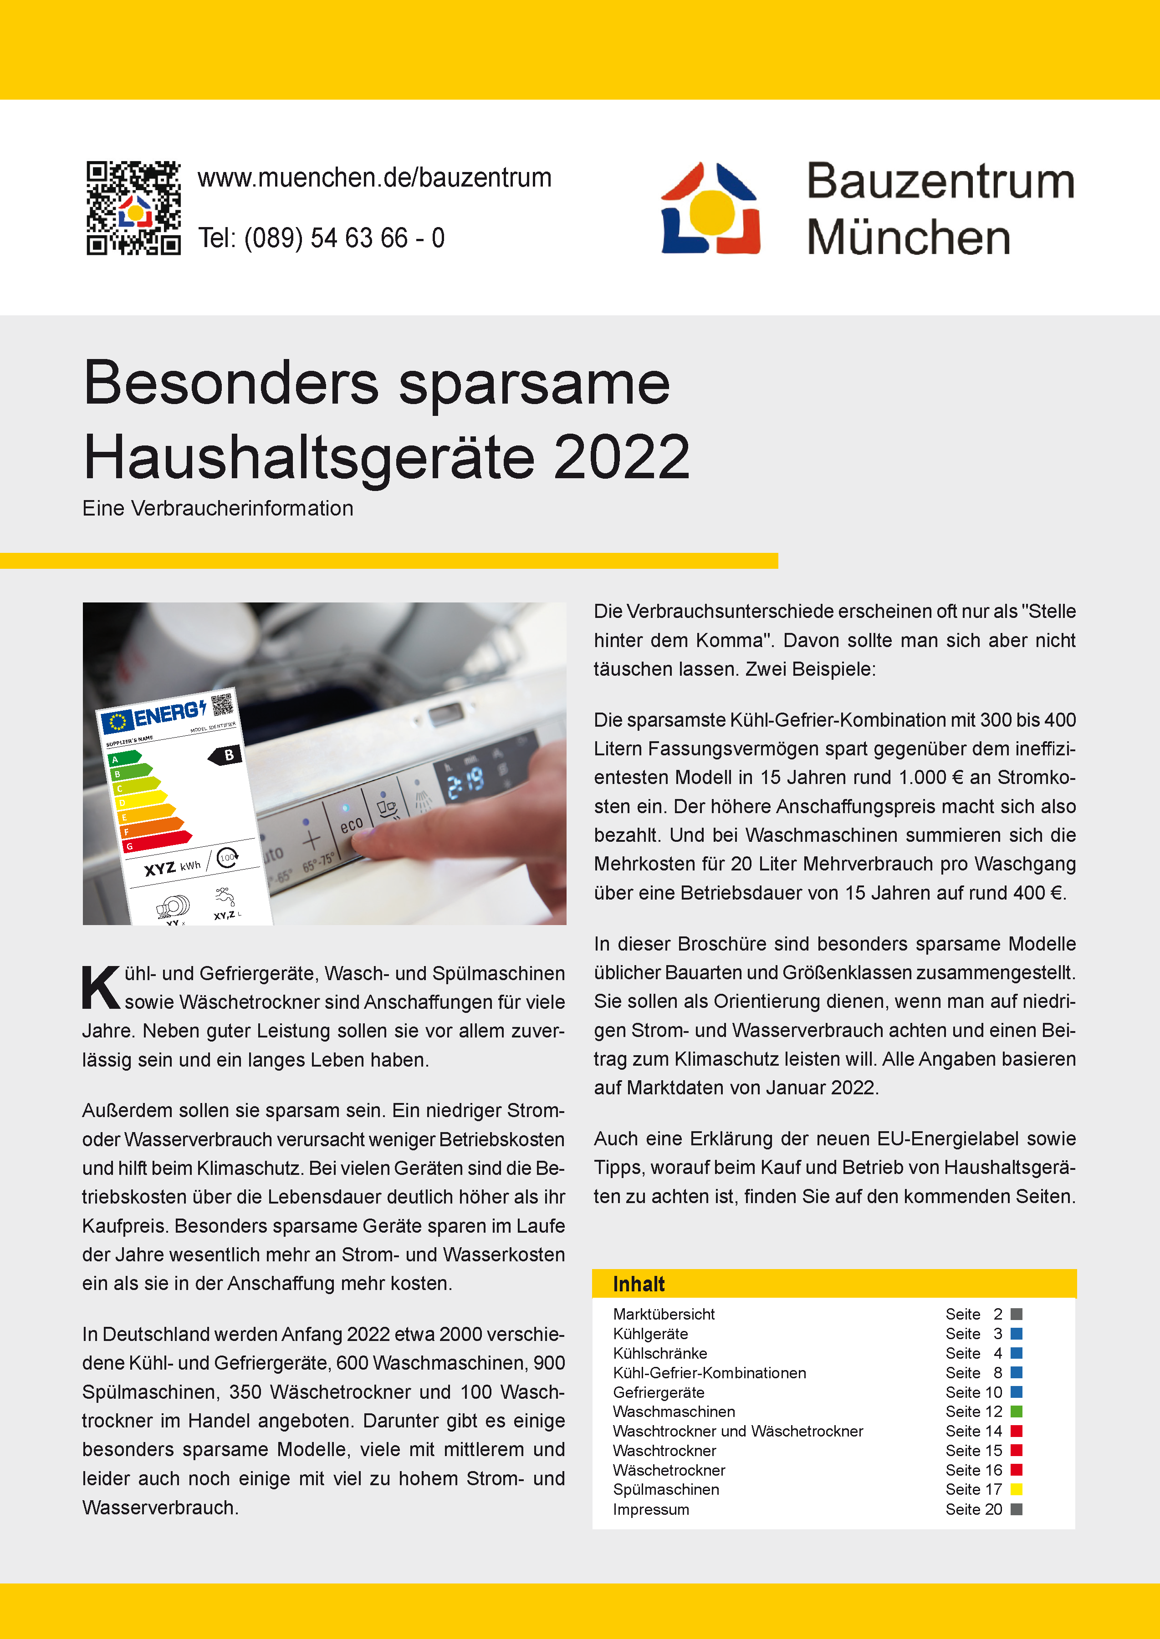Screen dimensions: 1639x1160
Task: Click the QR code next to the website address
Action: [133, 208]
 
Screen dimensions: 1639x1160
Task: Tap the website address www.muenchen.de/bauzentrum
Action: [374, 178]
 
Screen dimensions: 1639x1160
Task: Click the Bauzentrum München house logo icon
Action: [711, 208]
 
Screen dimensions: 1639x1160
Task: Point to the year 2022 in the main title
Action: [621, 458]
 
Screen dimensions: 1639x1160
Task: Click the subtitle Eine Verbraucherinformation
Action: [218, 508]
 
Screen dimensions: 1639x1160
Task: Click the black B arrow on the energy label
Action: [226, 755]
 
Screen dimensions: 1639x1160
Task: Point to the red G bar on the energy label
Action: [157, 842]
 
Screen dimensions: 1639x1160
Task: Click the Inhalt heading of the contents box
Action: [639, 1284]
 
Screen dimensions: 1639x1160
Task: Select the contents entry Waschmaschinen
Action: [674, 1412]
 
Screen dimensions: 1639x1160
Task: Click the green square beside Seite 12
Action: [1017, 1412]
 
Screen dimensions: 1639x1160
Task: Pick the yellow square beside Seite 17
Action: [1017, 1490]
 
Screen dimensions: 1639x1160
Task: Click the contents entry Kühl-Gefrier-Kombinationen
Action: [709, 1373]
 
